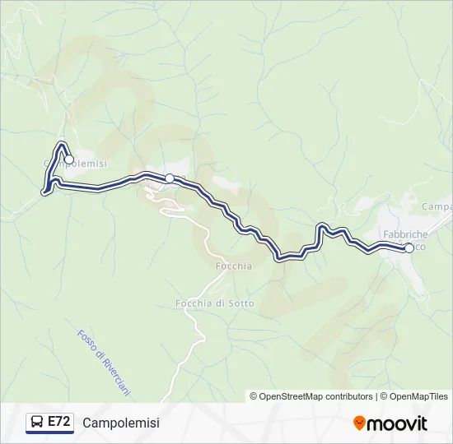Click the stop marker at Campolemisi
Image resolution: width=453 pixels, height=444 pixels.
[69, 160]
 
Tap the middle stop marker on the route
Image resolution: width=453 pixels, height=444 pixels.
[169, 178]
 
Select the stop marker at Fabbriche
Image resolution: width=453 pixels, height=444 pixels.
[409, 247]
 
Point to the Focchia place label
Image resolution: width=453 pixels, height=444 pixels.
[233, 266]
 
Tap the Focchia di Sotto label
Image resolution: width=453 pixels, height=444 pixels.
[215, 303]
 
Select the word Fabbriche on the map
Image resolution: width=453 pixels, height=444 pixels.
[404, 234]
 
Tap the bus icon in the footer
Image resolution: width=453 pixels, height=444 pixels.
[37, 423]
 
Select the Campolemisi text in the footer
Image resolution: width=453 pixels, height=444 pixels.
[121, 423]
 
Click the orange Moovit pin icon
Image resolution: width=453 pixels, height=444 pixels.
[360, 423]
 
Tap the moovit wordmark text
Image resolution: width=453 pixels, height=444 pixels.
[398, 423]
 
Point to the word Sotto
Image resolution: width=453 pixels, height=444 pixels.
[241, 303]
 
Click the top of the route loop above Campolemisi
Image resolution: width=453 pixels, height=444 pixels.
[61, 146]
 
